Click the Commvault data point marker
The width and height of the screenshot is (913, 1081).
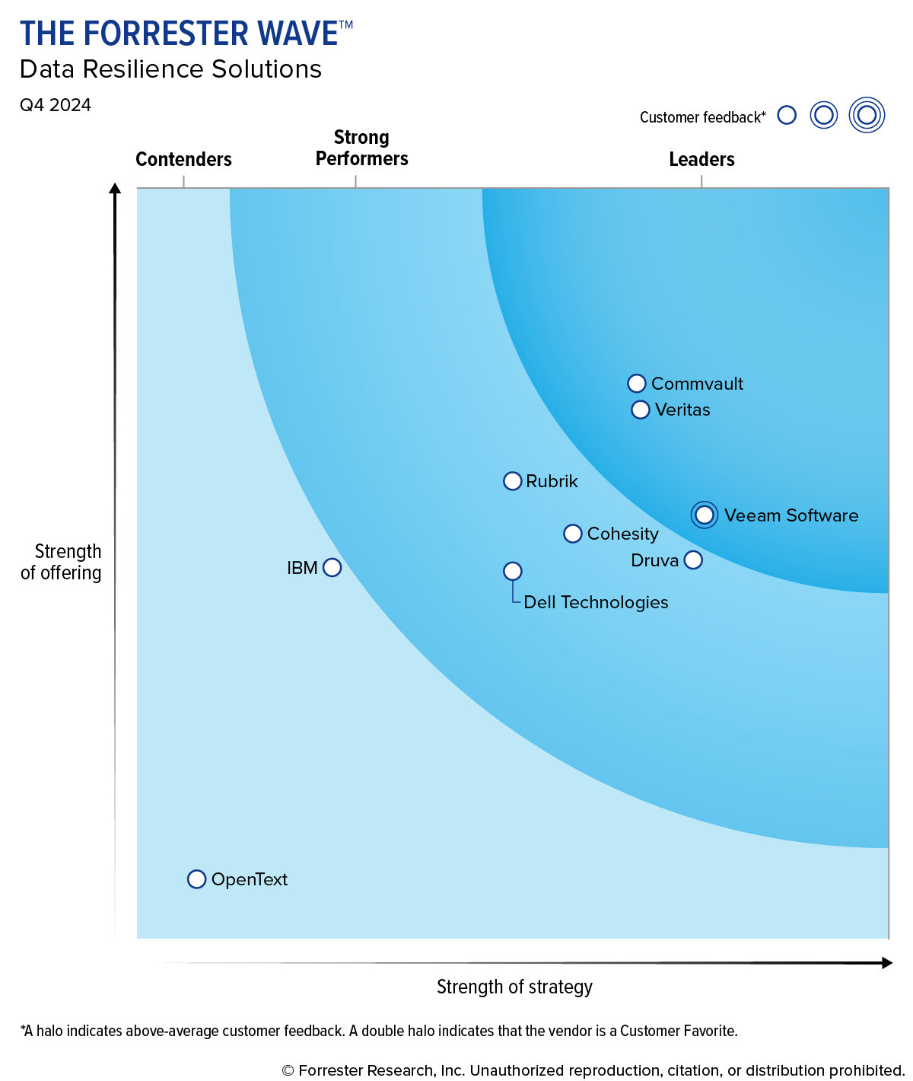click(x=637, y=384)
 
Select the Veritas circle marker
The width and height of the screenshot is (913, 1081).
click(x=641, y=410)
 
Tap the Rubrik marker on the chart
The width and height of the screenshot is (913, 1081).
click(x=513, y=481)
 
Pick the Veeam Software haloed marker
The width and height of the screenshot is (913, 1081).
click(x=705, y=515)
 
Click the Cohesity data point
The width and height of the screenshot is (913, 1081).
click(x=573, y=534)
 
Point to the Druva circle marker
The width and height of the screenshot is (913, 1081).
click(x=693, y=560)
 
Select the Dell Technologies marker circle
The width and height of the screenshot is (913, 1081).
click(x=513, y=571)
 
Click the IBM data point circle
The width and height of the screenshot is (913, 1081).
click(x=332, y=568)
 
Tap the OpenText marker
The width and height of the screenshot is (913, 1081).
click(x=196, y=879)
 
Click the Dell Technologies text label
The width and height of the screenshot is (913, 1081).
click(x=596, y=602)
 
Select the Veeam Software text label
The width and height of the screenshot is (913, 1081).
click(x=791, y=515)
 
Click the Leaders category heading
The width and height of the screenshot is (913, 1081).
click(x=701, y=159)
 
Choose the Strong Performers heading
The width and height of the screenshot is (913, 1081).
click(x=361, y=148)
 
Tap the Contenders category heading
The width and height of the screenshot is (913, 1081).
click(x=183, y=159)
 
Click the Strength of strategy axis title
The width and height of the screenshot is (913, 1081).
click(x=514, y=987)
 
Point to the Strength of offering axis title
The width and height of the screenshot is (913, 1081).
click(x=62, y=562)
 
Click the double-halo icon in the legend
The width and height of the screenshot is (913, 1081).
click(x=867, y=116)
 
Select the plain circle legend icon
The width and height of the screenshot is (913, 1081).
click(x=787, y=116)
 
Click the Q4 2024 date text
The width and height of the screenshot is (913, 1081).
click(x=56, y=105)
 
